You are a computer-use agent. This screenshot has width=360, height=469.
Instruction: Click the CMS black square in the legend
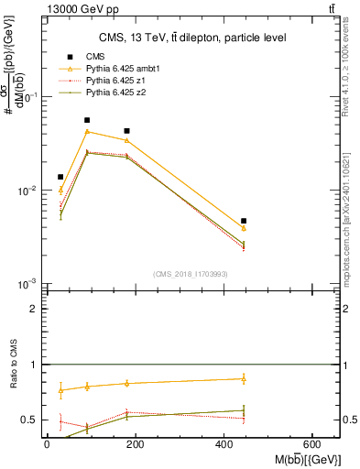click(69, 57)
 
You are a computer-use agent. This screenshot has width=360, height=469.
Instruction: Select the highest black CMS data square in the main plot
click(87, 120)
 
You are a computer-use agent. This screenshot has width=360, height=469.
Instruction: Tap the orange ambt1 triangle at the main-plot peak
click(87, 131)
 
